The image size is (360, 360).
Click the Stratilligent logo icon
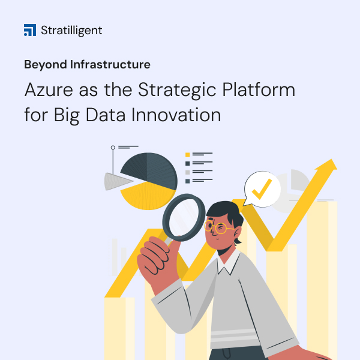pyautogui.click(x=30, y=30)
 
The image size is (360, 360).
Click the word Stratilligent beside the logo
pyautogui.click(x=72, y=30)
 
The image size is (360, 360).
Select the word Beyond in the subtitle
pyautogui.click(x=45, y=64)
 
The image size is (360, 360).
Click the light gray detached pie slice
pyautogui.click(x=116, y=181)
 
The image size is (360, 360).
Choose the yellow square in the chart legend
pyautogui.click(x=188, y=154)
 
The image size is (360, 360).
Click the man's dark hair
pyautogui.click(x=225, y=210)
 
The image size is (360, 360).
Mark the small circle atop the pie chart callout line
pyautogui.click(x=112, y=148)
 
